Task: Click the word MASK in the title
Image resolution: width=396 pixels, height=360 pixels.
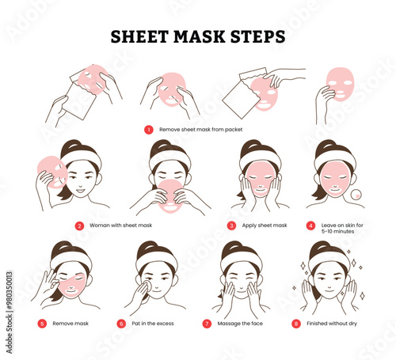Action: [x=199, y=36]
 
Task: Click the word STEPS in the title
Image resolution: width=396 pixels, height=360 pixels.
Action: [x=258, y=36]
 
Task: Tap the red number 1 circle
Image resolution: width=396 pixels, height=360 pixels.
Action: [x=149, y=130]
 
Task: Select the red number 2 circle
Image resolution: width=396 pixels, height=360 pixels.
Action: [x=79, y=225]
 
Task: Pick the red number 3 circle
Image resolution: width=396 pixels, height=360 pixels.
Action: [x=231, y=225]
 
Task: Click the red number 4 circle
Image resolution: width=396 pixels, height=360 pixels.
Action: [x=310, y=225]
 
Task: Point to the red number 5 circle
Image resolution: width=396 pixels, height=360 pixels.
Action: [x=42, y=324]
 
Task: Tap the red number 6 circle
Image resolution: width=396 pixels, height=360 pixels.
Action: [x=121, y=324]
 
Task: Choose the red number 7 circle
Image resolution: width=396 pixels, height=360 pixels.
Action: [x=207, y=324]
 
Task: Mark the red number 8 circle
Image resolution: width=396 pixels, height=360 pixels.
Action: [x=296, y=324]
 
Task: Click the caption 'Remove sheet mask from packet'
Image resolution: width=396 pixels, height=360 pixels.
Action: [x=200, y=130]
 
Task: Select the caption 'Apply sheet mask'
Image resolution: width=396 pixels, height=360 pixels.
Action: [x=265, y=225]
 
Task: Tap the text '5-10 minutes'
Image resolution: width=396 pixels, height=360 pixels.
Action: [x=337, y=231]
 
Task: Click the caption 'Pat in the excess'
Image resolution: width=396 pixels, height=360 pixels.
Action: [x=153, y=324]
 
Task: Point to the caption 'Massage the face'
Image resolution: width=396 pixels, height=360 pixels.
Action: [x=240, y=324]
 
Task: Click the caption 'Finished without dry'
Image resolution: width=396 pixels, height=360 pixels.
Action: [x=332, y=324]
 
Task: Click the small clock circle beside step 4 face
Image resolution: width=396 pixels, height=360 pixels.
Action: [x=356, y=195]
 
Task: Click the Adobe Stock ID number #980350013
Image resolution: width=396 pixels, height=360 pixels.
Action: [x=10, y=288]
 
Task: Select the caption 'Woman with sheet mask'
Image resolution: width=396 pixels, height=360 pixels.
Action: [x=120, y=225]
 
